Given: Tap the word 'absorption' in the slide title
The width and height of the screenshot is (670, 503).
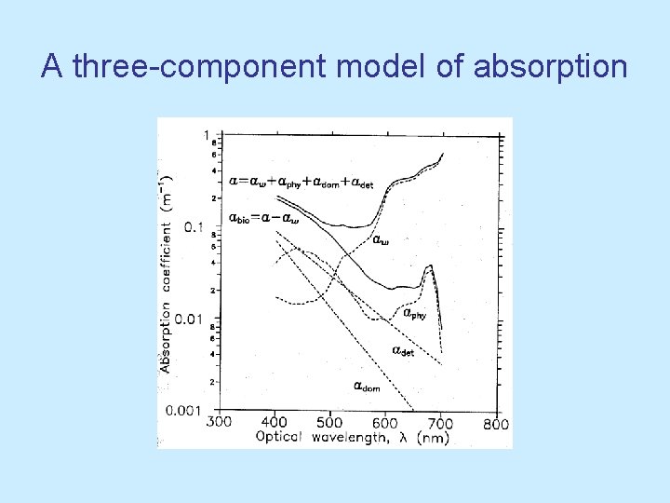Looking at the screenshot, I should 550,67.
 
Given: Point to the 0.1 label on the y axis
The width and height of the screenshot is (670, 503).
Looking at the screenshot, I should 193,226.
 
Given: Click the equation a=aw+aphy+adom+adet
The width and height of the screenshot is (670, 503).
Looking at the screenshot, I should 301,183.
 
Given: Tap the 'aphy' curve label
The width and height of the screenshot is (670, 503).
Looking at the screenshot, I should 413,314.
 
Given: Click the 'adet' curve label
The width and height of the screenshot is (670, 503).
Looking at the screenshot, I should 401,351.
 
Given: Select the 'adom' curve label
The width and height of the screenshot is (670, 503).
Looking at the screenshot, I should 366,385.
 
